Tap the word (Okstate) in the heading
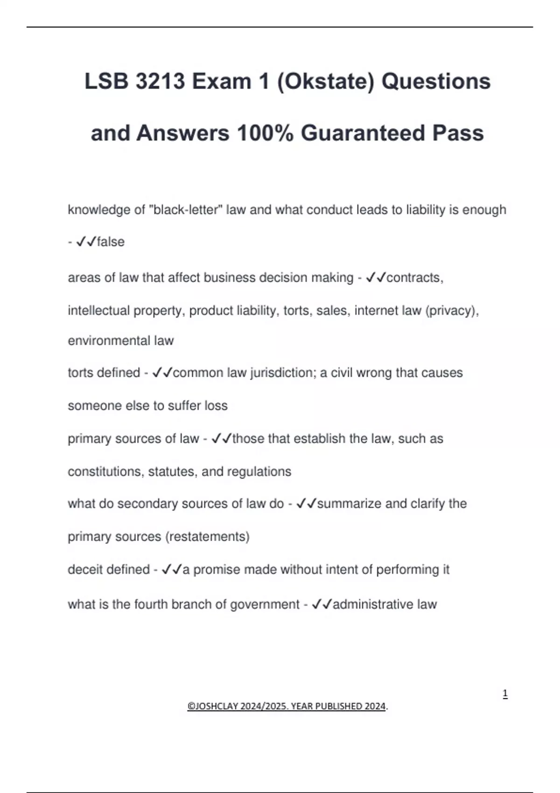tap(326, 82)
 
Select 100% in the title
tap(265, 133)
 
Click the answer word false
tap(111, 242)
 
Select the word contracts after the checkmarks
tap(415, 278)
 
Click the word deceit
tap(84, 570)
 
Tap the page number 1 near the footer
tap(505, 694)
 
